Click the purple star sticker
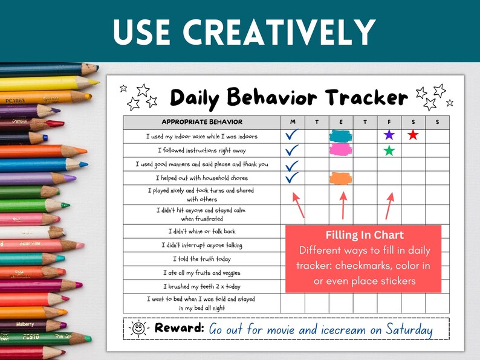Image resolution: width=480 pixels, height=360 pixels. coord(389,135)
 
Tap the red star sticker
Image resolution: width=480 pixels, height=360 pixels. coord(413,135)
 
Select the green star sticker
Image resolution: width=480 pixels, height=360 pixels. coord(389,150)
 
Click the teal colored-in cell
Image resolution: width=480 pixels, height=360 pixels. coord(340,135)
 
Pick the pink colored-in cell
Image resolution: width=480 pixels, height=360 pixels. coord(340,150)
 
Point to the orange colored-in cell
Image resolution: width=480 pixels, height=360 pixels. coord(340,178)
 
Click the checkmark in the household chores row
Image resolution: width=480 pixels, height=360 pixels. coord(292,178)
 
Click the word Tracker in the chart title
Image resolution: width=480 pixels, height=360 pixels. coord(366,97)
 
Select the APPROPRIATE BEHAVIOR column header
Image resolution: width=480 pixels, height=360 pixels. coord(202,122)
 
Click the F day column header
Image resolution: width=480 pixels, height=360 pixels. coord(389,122)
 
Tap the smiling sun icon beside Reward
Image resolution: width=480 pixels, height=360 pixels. coord(138,329)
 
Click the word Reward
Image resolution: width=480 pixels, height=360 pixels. coord(179,329)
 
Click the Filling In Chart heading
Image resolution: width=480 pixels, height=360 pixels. coord(364,235)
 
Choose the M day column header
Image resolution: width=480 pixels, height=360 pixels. coord(292,122)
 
